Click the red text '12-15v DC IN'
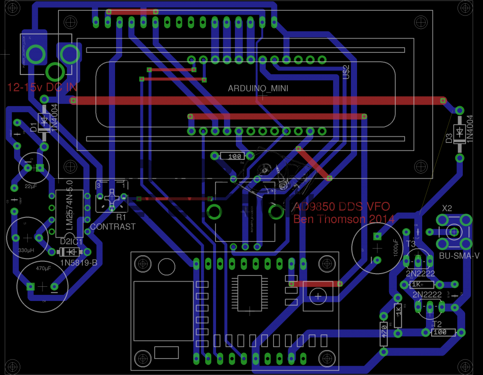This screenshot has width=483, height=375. coord(42,88)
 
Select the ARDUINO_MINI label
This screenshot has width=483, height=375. coord(258,89)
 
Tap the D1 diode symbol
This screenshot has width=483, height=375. coord(44,121)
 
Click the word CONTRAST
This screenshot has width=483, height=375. coord(113,226)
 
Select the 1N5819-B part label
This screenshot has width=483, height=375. coord(78,262)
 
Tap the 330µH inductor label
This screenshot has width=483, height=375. coord(26,250)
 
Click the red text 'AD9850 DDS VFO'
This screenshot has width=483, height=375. coord(341,207)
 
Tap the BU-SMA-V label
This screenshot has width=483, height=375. coord(459,255)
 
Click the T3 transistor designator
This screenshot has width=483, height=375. coord(410,244)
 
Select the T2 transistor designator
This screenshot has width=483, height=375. coord(437,324)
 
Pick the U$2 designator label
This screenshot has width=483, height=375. coord(346,72)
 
